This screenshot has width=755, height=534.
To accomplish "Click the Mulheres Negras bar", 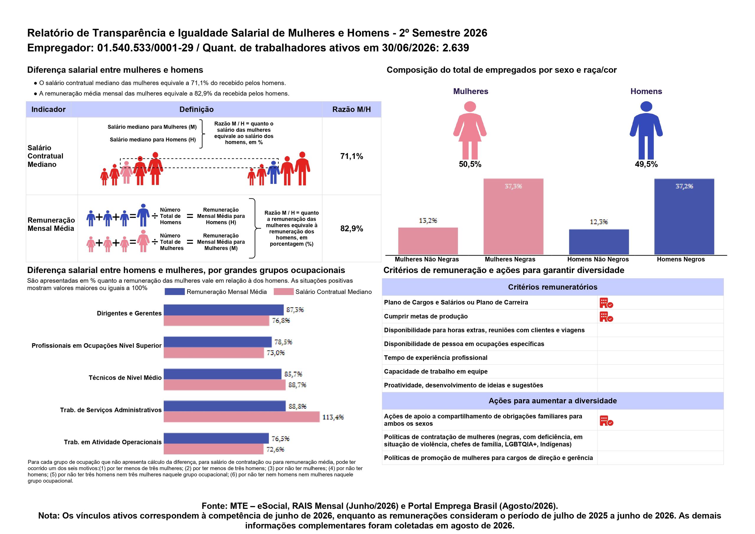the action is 513,216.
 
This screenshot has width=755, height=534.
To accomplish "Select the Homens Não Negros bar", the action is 599,242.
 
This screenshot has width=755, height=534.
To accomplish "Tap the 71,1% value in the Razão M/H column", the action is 352,156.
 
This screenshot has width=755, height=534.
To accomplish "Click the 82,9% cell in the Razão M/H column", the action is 352,229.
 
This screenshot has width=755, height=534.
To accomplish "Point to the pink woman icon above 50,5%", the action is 470,130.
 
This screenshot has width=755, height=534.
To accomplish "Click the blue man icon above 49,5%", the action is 646,130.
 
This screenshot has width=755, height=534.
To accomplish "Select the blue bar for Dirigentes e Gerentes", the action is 224,310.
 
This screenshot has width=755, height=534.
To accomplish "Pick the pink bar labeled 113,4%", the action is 242,417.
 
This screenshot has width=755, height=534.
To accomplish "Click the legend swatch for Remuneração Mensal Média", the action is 175,292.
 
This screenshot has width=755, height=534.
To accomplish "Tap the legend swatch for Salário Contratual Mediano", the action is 283,292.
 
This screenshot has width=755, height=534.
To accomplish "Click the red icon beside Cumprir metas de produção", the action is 606,317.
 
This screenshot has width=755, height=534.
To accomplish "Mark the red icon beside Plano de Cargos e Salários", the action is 606,303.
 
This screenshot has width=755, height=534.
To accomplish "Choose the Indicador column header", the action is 48,109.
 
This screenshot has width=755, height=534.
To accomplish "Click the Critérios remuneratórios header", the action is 553,287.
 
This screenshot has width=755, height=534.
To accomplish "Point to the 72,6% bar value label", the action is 275,449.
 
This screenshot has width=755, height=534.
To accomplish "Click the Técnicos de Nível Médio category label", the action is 125,378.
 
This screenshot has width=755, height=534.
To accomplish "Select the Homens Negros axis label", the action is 681,259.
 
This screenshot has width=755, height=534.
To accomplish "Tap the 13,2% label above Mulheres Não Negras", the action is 428,221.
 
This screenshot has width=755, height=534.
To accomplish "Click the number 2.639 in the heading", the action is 455,48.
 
